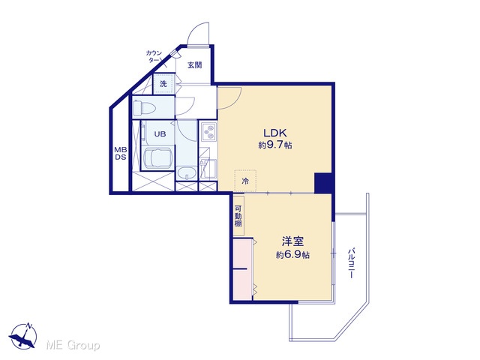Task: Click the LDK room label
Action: coord(275,133)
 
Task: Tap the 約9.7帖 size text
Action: coord(275,145)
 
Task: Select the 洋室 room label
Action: coord(292,241)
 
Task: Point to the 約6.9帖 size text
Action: coord(292,255)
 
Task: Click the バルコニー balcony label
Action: coord(351,263)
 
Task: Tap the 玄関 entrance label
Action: coord(195,65)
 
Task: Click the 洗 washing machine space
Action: coord(163,83)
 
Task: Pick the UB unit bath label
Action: coord(160,133)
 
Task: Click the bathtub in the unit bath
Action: coord(157,158)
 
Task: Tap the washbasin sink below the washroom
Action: coord(187,173)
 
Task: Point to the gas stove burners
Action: coord(208,132)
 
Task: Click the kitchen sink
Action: coord(208,169)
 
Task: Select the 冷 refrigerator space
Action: coord(245,181)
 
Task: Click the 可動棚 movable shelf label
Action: coord(238,216)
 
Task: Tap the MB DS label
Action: coord(121,154)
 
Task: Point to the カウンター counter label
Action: coord(154,57)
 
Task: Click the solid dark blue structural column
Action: coord(323,183)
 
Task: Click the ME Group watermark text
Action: coord(73,345)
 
